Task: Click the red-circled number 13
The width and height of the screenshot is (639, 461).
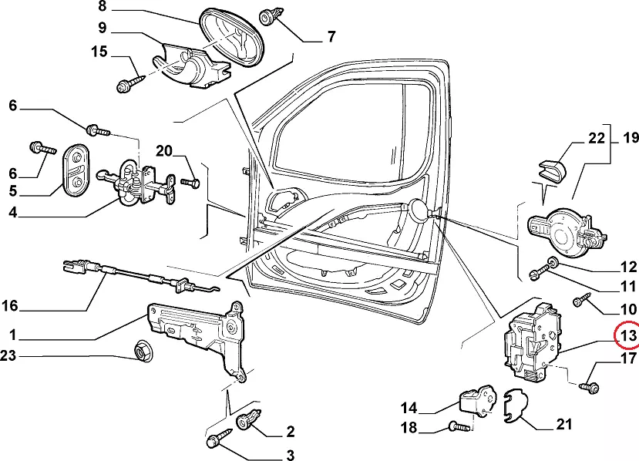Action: (628, 336)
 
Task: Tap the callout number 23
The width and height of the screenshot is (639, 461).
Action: (8, 356)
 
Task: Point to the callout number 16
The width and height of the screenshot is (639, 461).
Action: (8, 306)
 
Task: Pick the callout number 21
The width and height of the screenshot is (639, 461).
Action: (565, 424)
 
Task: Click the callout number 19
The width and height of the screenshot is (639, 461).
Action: (631, 139)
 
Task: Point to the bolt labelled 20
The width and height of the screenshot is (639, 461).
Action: (190, 183)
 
